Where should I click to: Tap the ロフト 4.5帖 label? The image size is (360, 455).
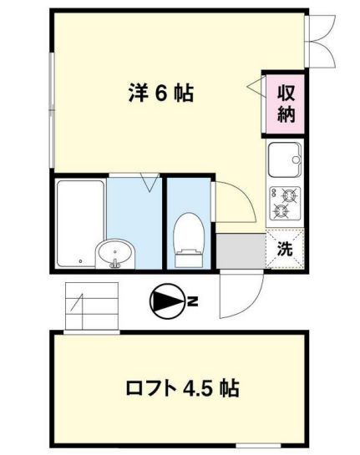coord(181,388)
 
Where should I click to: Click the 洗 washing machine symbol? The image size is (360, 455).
coord(285,248)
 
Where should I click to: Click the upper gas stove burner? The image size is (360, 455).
coord(290,196)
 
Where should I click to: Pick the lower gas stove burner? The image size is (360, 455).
coord(281,212)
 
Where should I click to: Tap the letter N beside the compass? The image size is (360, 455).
coord(191,302)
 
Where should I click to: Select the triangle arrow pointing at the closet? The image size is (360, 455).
coord(253,85)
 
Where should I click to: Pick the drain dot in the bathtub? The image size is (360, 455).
coord(80,261)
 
